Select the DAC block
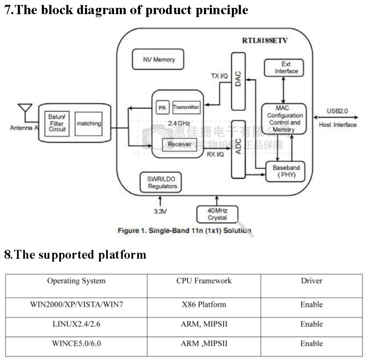[x=238, y=81]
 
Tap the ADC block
[x=238, y=149]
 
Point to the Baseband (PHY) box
[x=286, y=171]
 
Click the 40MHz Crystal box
[x=217, y=214]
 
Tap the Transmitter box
[x=186, y=107]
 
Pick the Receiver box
[x=179, y=144]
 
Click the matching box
[x=89, y=123]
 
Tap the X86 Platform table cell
[x=204, y=304]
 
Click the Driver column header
[x=311, y=281]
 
